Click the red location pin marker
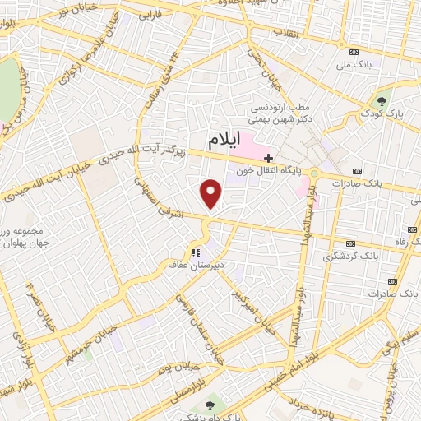tap(212, 193)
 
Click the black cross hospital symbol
tap(269, 157)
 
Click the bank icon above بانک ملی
tap(354, 50)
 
